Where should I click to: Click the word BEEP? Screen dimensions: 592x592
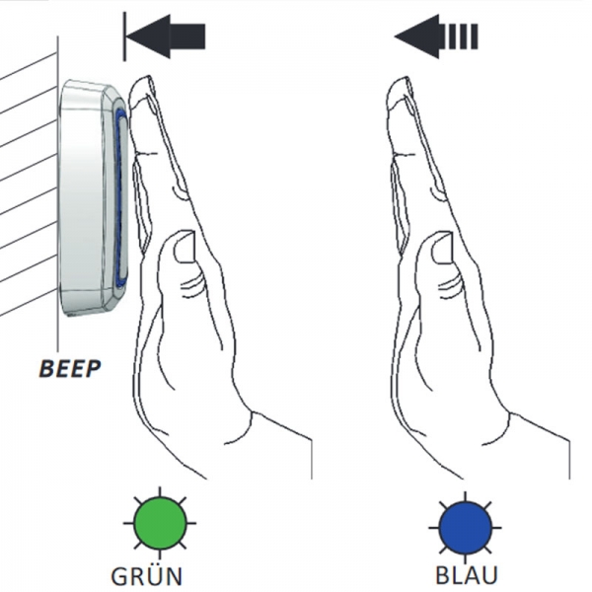coord(70,368)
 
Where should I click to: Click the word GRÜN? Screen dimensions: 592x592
coord(147,575)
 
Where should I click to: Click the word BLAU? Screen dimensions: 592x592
coord(467,574)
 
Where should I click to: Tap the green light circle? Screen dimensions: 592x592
coord(160,523)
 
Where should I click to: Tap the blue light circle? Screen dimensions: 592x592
coord(465,528)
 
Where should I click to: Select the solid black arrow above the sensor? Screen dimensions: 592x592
coord(166,37)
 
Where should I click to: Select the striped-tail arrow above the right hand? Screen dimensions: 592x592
coord(436,37)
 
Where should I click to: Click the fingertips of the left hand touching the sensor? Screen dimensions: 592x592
coord(140,91)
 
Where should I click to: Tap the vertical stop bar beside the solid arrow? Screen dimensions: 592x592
coord(124,37)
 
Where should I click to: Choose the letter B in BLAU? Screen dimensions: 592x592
coord(442,574)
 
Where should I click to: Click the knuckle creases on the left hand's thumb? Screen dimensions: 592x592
coord(191,284)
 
